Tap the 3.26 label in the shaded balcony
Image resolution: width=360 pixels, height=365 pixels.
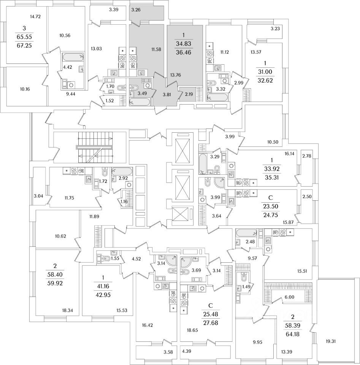136,10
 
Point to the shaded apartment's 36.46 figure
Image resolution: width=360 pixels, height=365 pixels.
184,52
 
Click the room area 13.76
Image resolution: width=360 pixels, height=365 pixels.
176,75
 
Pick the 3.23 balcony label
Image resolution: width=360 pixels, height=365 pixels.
275,29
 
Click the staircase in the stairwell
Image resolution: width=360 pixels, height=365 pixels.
95,148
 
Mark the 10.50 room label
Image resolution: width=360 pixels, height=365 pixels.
273,142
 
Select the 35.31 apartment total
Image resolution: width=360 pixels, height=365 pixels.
272,178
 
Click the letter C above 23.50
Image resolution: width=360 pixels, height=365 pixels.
270,198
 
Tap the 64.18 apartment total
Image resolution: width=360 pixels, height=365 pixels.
293,335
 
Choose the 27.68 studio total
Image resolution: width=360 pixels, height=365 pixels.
211,323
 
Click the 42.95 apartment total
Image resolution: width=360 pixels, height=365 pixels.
103,295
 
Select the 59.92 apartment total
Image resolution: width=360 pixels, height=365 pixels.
55,283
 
